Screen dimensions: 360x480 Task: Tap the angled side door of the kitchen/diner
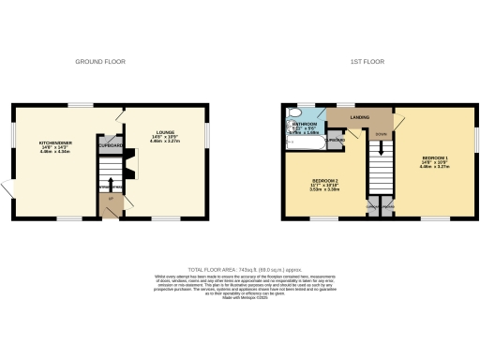(8, 190)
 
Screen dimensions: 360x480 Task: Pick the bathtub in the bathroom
(292, 138)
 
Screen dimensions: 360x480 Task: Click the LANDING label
(359, 116)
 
